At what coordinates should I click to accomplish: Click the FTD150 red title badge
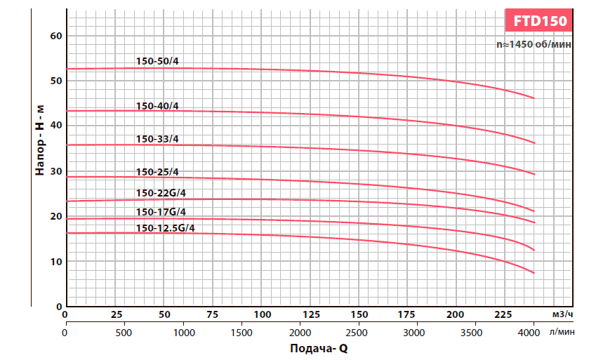pyautogui.click(x=539, y=20)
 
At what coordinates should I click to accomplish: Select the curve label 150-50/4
pyautogui.click(x=157, y=61)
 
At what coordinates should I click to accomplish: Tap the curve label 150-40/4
pyautogui.click(x=157, y=106)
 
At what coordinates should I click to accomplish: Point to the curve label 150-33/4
pyautogui.click(x=157, y=139)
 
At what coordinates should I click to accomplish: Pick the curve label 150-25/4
pyautogui.click(x=157, y=172)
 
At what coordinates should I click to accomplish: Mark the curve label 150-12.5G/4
pyautogui.click(x=166, y=228)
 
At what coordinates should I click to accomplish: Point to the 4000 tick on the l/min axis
pyautogui.click(x=534, y=331)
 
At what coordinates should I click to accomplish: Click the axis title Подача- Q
pyautogui.click(x=318, y=348)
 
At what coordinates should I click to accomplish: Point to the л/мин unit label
pyautogui.click(x=563, y=331)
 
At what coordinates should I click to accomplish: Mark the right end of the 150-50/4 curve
pyautogui.click(x=534, y=98)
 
